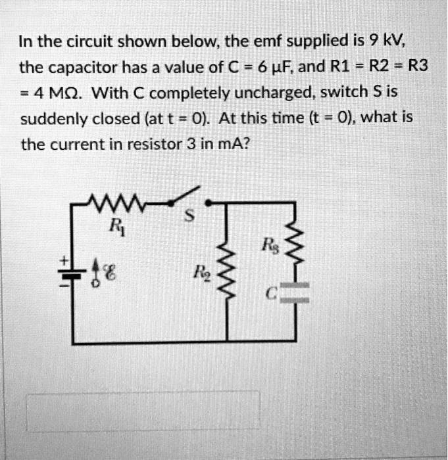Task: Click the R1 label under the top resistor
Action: click(115, 231)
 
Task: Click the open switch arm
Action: click(187, 195)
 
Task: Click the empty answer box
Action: click(142, 411)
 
